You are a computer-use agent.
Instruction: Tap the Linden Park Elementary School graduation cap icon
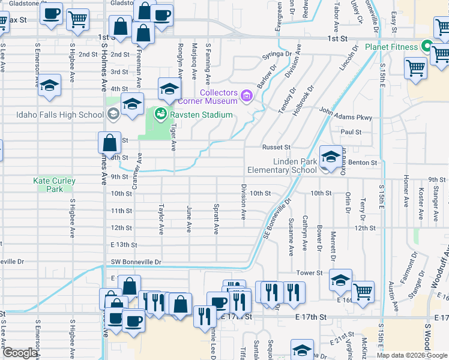pyautogui.click(x=331, y=157)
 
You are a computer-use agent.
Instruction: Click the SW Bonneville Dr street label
pyautogui.click(x=136, y=262)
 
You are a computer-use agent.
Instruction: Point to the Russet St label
pyautogui.click(x=276, y=147)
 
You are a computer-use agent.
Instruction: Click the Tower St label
pyautogui.click(x=311, y=273)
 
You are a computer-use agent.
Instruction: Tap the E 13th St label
pyautogui.click(x=124, y=245)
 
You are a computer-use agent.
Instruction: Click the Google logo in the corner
pyautogui.click(x=19, y=353)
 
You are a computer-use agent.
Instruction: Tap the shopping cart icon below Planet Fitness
pyautogui.click(x=415, y=68)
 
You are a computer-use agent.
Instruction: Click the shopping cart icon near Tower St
pyautogui.click(x=363, y=292)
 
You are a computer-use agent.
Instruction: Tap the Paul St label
pyautogui.click(x=351, y=132)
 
